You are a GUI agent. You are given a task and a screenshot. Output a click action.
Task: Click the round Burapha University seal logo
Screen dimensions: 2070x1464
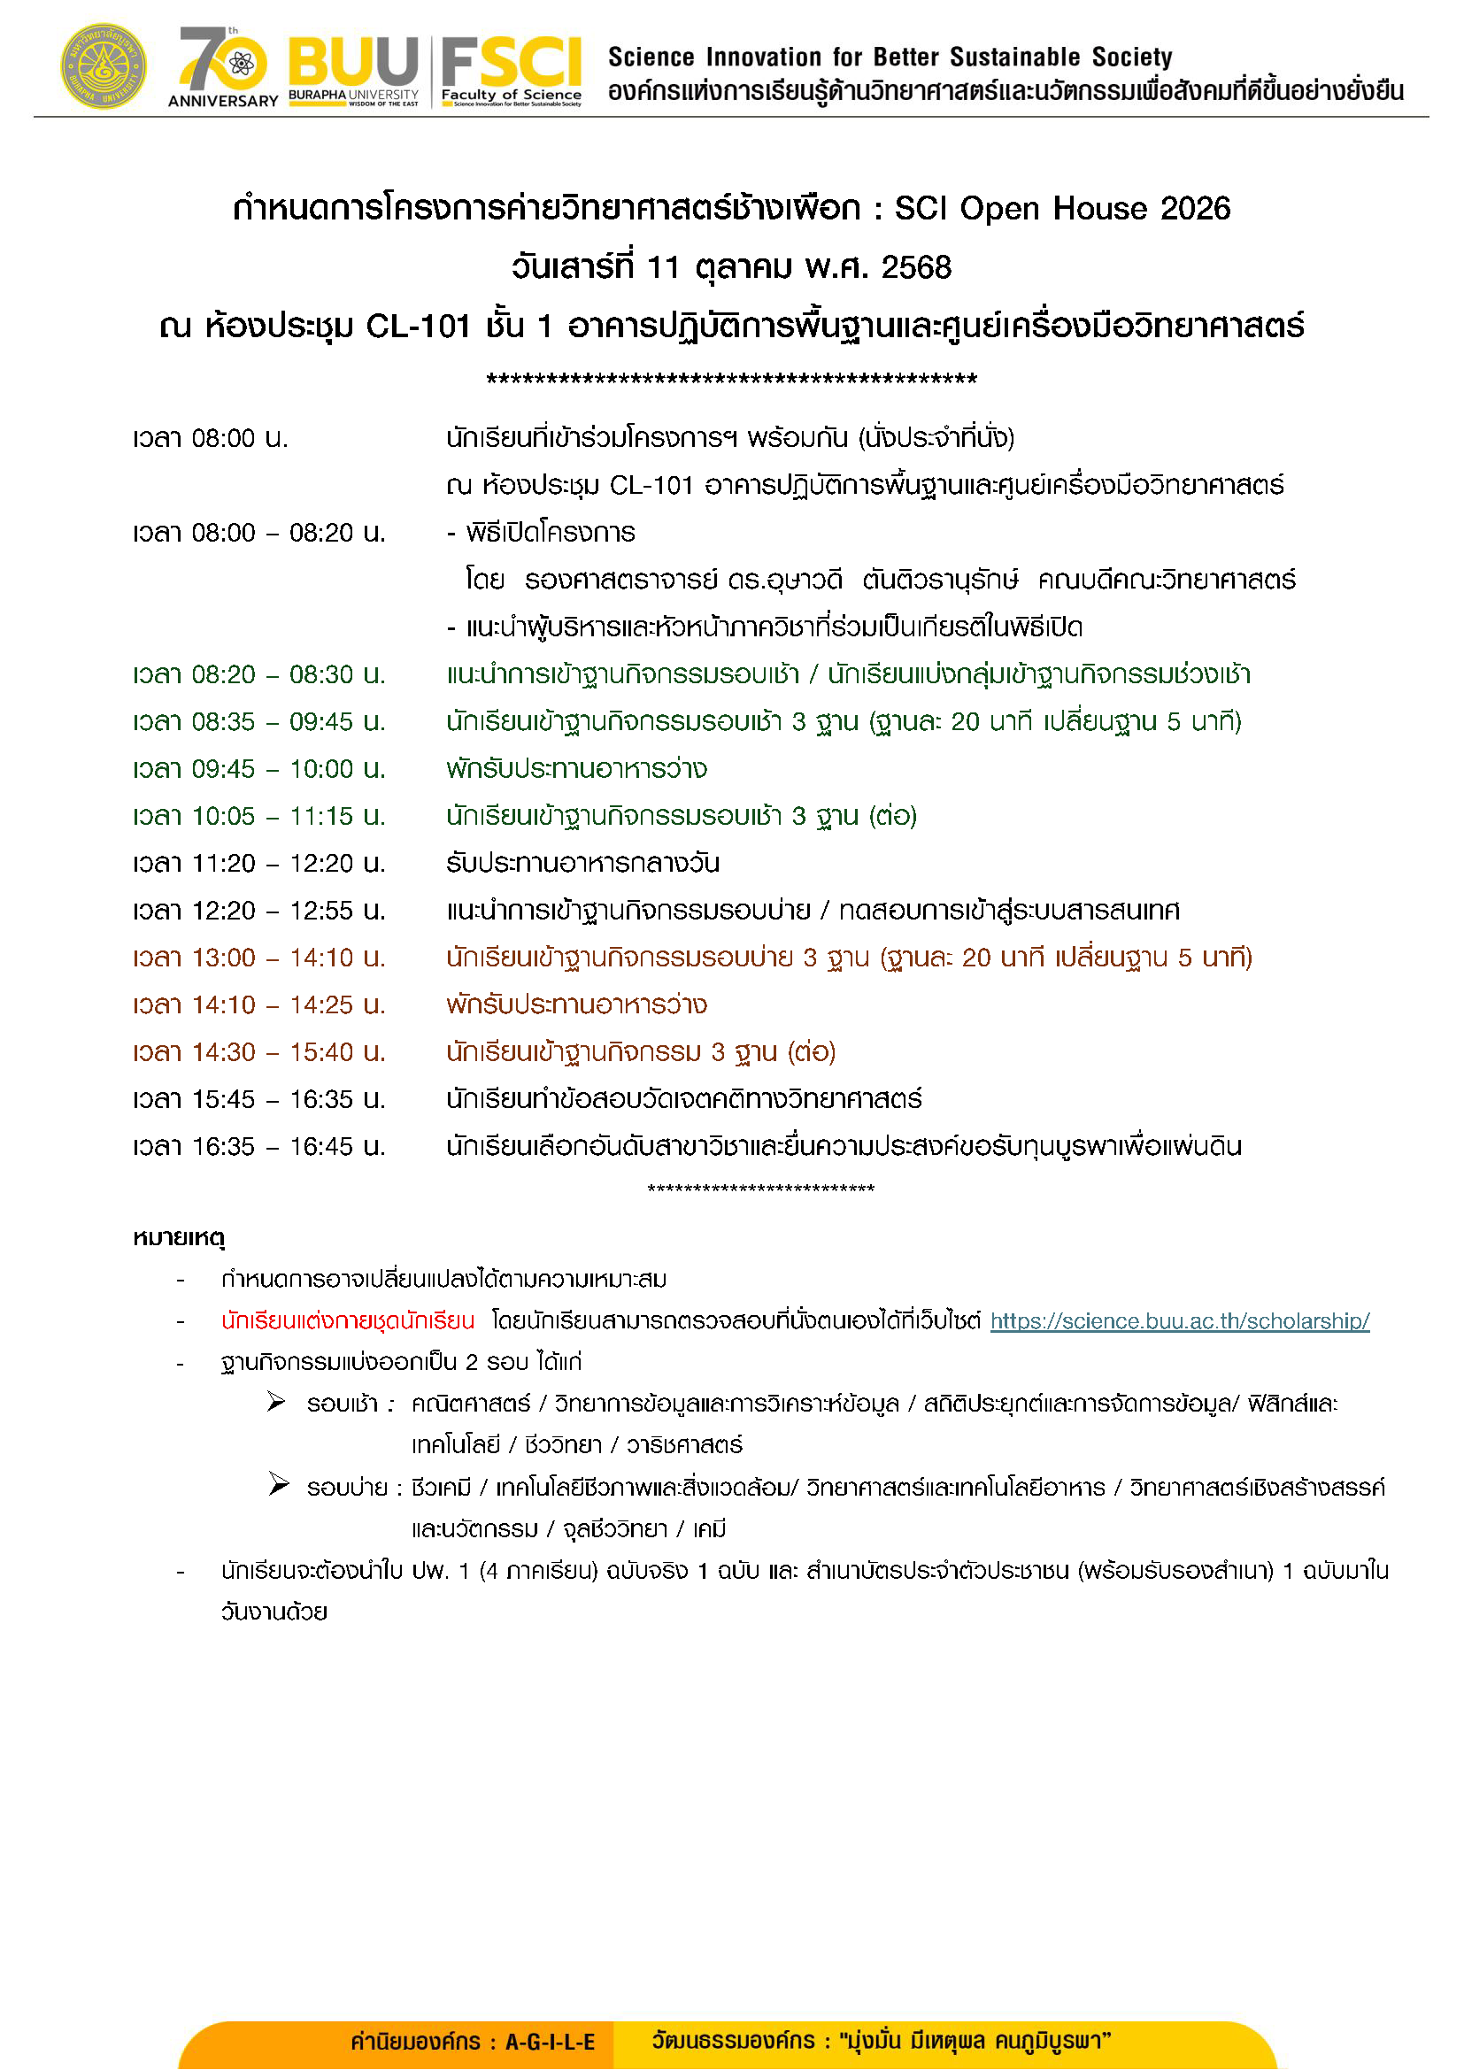tap(104, 66)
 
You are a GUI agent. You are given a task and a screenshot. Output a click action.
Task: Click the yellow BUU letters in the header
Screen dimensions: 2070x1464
tap(353, 61)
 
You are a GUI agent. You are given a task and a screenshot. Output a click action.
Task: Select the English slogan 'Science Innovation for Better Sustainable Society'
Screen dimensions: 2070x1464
tap(890, 57)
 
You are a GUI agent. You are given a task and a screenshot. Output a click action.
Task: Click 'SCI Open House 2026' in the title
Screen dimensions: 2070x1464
tap(1061, 208)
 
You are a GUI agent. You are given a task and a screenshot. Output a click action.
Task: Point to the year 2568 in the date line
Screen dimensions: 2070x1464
tap(916, 268)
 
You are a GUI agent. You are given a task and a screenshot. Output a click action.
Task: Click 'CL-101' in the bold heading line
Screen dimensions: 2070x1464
tap(418, 327)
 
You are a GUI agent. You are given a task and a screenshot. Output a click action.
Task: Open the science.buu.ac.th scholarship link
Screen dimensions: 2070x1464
tap(1179, 1321)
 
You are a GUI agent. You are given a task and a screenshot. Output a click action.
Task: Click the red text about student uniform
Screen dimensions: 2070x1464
tap(348, 1321)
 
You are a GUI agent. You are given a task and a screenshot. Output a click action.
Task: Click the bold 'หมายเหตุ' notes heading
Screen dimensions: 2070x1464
tap(179, 1238)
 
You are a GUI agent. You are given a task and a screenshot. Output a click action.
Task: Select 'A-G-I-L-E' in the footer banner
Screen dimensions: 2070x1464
tap(550, 2042)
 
